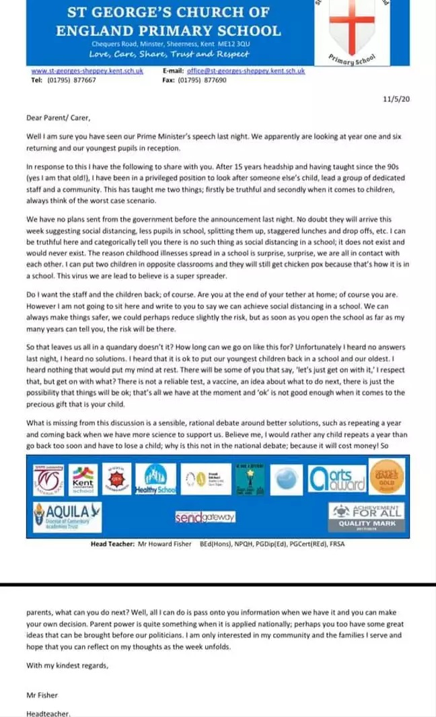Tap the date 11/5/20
coord(399,100)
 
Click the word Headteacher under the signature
coord(48,713)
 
